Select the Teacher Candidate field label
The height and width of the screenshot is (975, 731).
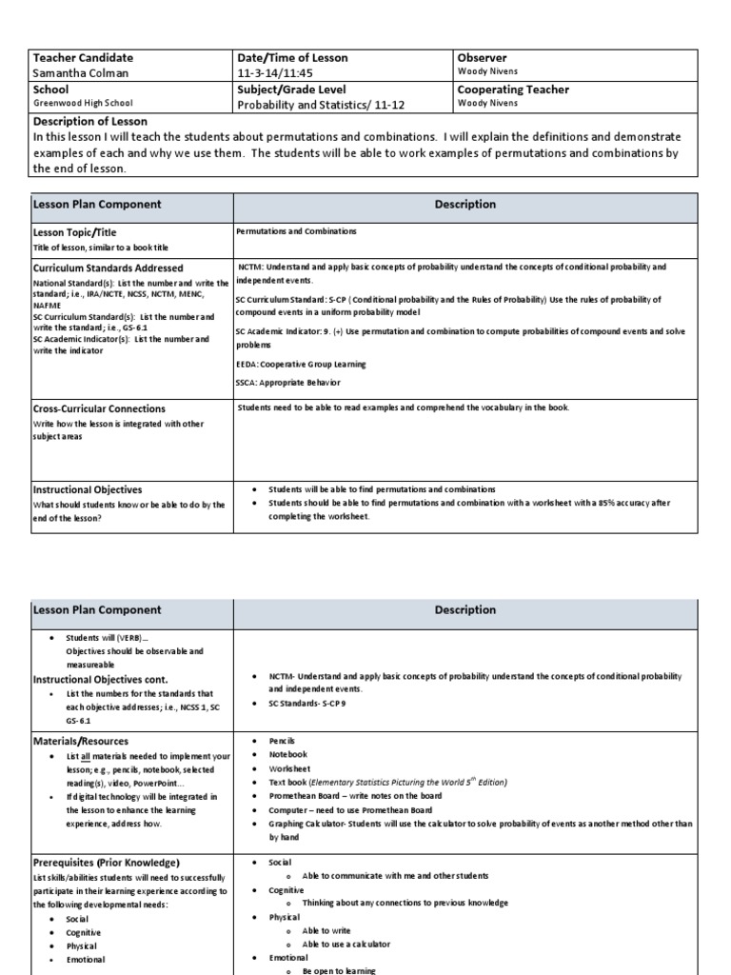(83, 58)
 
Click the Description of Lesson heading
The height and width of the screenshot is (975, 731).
(90, 121)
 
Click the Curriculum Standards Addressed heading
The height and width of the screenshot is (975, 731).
(109, 269)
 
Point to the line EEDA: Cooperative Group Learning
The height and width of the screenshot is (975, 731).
(301, 364)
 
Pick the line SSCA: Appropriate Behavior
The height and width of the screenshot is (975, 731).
(289, 382)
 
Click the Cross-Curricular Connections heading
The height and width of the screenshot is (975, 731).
(99, 408)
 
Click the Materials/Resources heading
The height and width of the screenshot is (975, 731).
(81, 741)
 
